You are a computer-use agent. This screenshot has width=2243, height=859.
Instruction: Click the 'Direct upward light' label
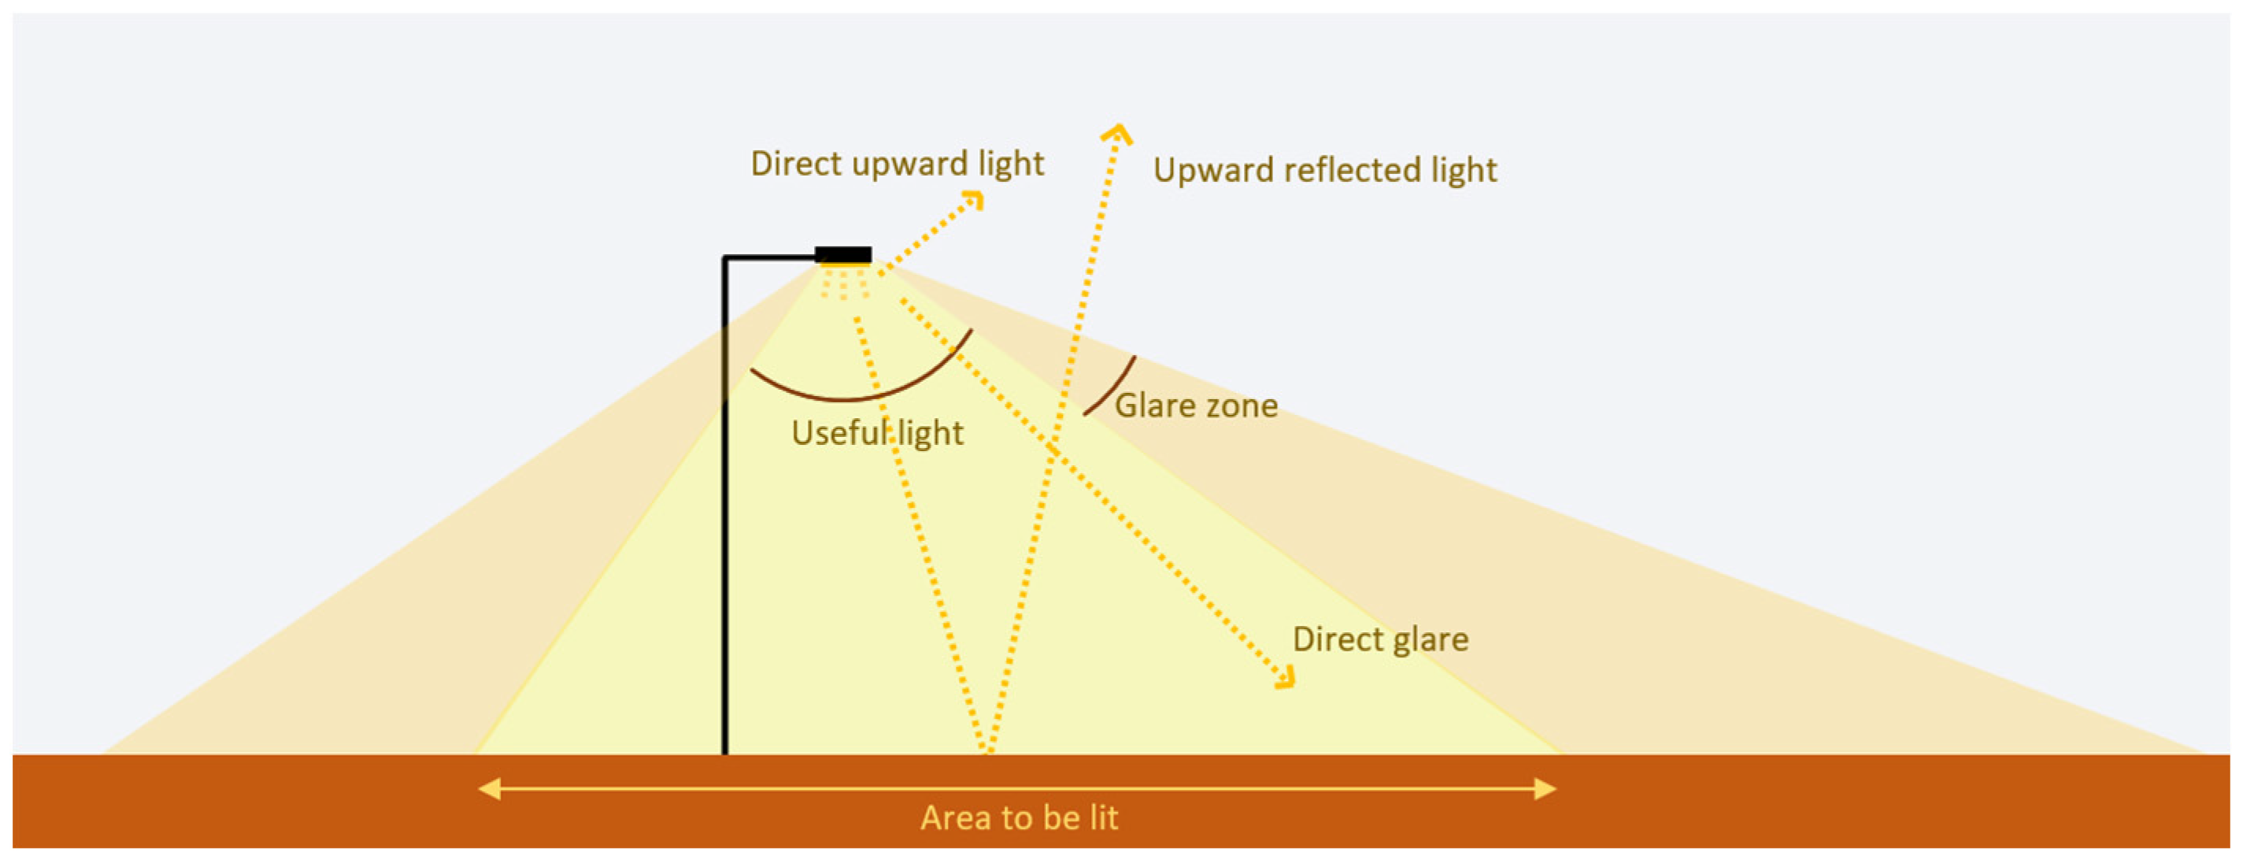pos(897,164)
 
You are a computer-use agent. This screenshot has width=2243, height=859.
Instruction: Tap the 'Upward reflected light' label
pos(1324,170)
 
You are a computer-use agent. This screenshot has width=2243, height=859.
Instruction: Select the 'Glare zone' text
pos(1196,406)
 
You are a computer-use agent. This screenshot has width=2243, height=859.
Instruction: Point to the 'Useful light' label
pos(877,433)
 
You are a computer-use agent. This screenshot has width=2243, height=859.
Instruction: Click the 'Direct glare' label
pos(1380,639)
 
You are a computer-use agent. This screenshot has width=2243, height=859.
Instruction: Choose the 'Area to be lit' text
pos(1019,818)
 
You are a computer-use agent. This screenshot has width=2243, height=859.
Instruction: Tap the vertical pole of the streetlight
pos(724,523)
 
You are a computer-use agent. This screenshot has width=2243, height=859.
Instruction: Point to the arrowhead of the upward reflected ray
pos(1117,133)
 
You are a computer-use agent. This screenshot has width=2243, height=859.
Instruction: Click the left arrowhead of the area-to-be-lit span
pos(490,789)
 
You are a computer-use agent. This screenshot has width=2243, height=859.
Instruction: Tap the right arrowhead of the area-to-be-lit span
pos(1545,789)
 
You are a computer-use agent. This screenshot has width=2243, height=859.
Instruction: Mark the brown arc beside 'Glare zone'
pos(1111,385)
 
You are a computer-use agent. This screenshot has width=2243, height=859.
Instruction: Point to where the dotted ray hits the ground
pos(987,750)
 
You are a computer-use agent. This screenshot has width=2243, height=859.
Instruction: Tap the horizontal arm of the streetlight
pos(768,257)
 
